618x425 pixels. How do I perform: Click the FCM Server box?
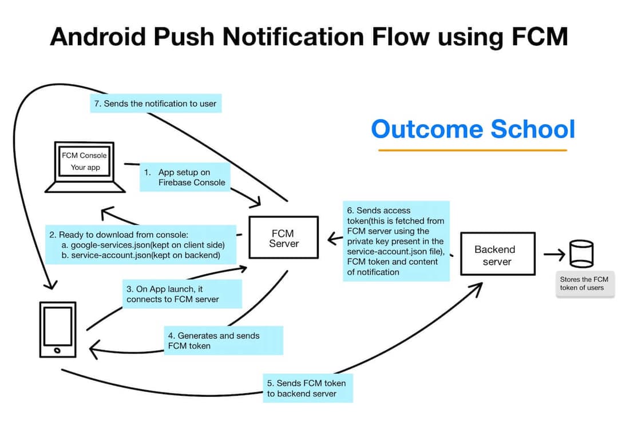point(284,237)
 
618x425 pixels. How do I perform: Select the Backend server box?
point(497,254)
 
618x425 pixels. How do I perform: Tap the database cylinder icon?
point(581,254)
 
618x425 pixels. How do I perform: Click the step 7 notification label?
point(156,104)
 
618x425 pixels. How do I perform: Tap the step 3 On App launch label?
point(181,294)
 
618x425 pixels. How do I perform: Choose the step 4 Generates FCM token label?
point(223,341)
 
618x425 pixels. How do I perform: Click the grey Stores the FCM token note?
point(584,284)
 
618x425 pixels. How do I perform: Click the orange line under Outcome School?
point(472,150)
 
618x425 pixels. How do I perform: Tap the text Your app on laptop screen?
point(86,168)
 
